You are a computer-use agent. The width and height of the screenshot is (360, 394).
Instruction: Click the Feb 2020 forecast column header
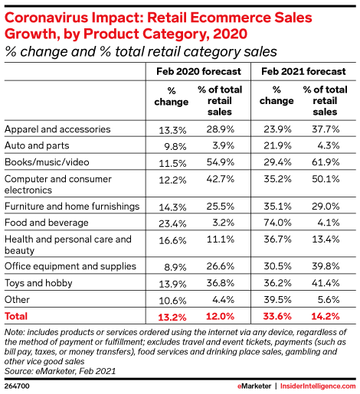click(198, 71)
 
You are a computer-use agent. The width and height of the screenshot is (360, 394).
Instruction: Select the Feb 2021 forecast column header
click(303, 71)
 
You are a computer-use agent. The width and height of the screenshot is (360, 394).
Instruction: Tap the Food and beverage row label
click(47, 223)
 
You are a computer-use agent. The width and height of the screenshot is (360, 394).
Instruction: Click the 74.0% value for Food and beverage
click(277, 223)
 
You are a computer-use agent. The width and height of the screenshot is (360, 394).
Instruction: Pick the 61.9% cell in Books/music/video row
click(326, 162)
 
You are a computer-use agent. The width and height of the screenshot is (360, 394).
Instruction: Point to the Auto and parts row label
click(37, 145)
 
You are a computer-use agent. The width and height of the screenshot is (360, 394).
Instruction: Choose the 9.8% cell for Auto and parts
click(175, 147)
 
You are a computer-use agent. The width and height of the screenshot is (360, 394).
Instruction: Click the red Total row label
click(16, 316)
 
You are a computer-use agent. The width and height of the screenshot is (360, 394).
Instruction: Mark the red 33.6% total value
click(277, 317)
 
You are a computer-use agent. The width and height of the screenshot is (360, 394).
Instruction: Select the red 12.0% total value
click(220, 317)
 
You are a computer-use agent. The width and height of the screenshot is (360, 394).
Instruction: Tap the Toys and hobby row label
click(38, 283)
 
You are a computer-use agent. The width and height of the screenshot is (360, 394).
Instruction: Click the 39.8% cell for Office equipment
click(326, 266)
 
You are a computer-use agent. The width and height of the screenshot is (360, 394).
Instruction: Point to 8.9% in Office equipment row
click(175, 267)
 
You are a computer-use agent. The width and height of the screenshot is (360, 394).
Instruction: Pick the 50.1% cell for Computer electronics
click(326, 179)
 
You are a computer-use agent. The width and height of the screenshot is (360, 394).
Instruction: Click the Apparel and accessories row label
click(57, 129)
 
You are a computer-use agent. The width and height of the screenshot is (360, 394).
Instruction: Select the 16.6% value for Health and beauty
click(172, 240)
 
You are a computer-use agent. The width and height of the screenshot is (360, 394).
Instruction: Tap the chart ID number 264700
click(17, 386)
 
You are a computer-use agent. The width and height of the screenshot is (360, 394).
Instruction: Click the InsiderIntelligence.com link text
click(318, 386)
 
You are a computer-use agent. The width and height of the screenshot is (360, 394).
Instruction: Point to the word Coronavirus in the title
click(46, 18)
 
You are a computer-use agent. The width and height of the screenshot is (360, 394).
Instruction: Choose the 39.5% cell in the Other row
click(277, 300)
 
